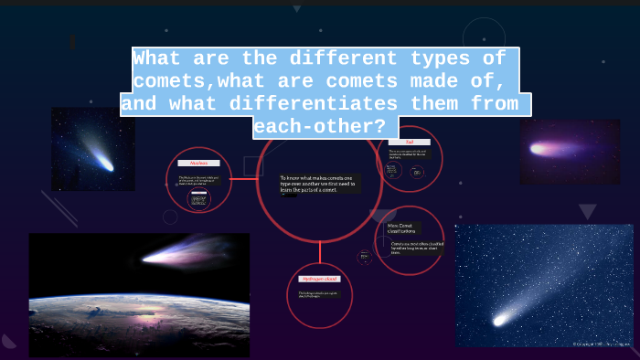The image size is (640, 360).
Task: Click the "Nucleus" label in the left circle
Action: tap(199, 163)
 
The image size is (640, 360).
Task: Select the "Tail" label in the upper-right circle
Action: tap(409, 142)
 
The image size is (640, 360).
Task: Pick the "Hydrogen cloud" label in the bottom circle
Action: tap(319, 279)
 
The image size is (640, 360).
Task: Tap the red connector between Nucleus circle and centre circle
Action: tap(244, 179)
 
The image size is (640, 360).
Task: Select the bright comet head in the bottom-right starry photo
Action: tap(500, 320)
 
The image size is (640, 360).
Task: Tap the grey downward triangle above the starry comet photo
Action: tap(587, 211)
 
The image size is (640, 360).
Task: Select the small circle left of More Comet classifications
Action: tap(366, 257)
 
